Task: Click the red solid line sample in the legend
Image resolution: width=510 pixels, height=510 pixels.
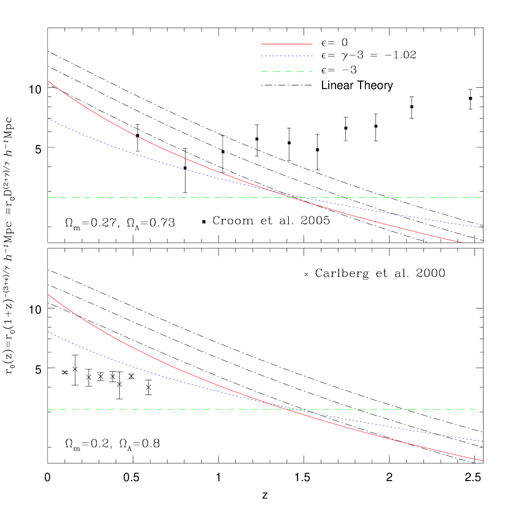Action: (287, 44)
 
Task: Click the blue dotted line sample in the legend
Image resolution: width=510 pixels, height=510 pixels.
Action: (287, 56)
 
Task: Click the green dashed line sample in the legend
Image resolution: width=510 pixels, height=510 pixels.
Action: (287, 72)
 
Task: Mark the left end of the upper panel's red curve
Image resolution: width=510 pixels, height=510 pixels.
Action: (48, 81)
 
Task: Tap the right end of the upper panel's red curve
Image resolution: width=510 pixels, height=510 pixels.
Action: (463, 243)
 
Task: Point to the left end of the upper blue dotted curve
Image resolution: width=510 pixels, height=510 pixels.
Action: (48, 119)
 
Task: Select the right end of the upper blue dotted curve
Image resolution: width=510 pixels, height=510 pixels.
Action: (484, 228)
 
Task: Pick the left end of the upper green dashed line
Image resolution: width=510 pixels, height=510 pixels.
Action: (48, 197)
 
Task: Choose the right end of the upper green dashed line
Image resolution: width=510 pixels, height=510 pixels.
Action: (483, 197)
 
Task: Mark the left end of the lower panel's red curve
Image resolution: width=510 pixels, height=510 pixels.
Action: (48, 294)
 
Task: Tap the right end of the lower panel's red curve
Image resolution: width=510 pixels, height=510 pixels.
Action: (483, 461)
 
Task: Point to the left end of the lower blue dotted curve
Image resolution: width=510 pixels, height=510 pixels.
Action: (48, 332)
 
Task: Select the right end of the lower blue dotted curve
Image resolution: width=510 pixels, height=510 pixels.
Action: (484, 441)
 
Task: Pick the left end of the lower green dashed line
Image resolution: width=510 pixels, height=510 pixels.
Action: (48, 409)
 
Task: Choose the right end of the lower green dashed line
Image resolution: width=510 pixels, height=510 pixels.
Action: (483, 409)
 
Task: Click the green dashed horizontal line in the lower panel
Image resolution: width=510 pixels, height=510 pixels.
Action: (184, 409)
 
